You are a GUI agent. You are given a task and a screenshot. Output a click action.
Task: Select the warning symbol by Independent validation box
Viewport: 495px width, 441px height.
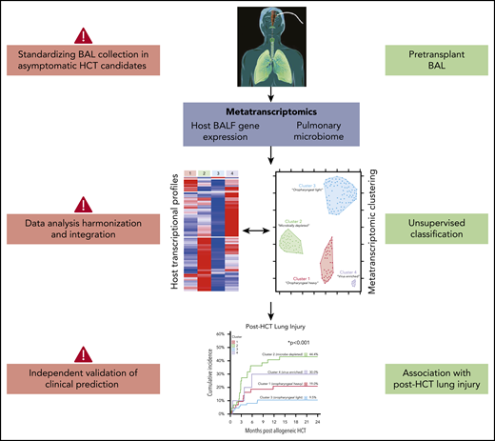click(83, 353)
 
